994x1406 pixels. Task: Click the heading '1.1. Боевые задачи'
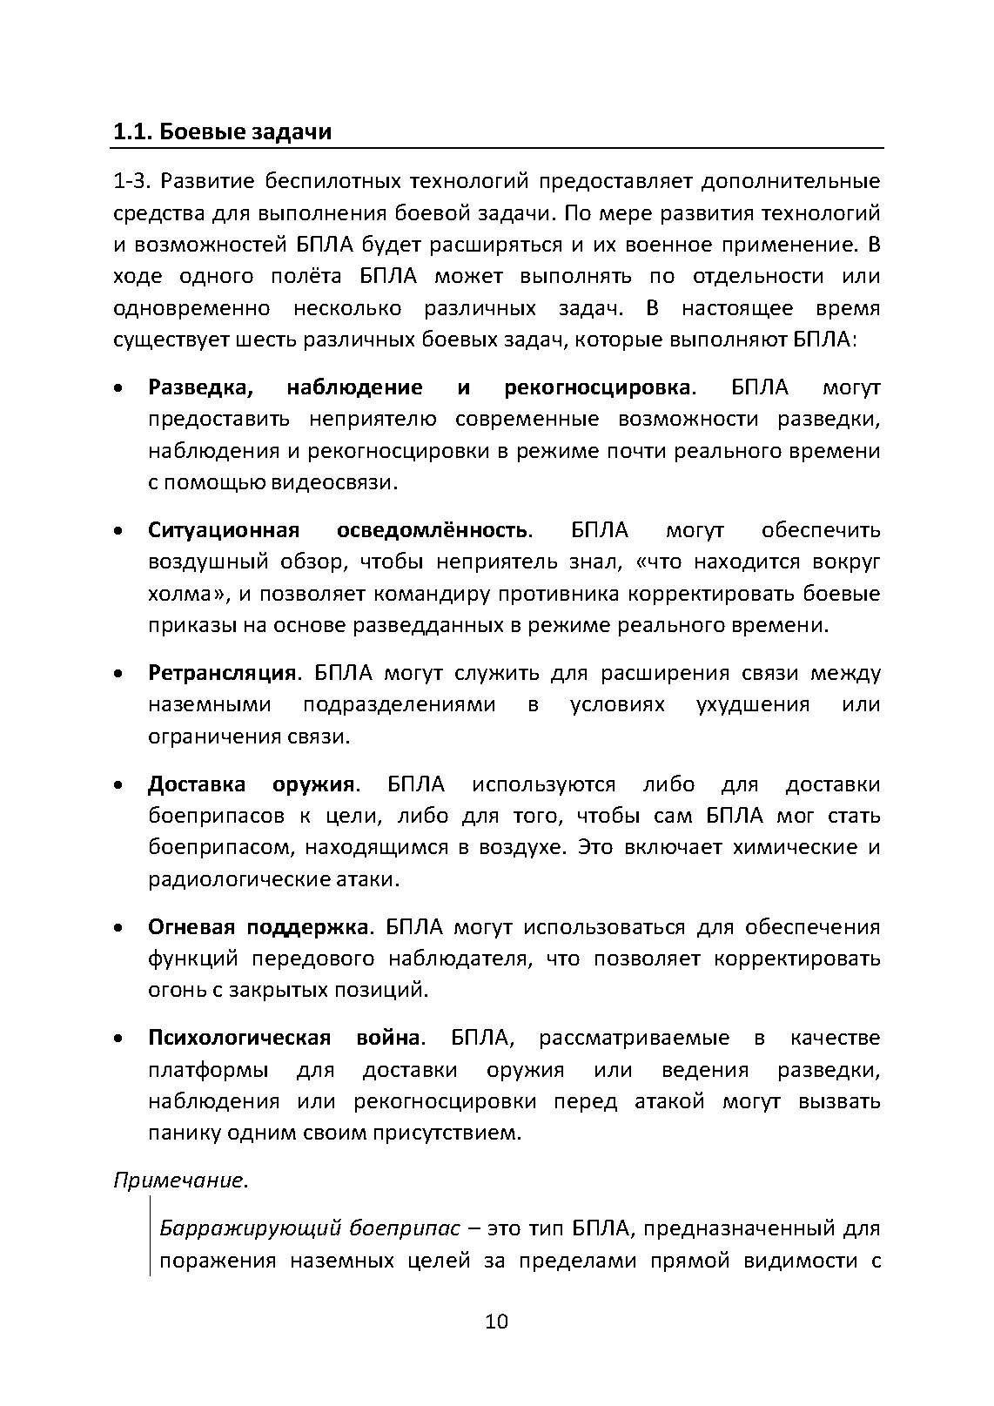222,132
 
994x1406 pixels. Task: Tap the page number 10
496,1322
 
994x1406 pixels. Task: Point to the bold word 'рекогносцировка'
597,387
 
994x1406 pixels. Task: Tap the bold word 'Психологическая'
239,1038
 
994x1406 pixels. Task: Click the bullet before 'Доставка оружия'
118,786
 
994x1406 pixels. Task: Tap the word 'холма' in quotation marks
179,594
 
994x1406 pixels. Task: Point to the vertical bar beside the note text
150,1236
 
